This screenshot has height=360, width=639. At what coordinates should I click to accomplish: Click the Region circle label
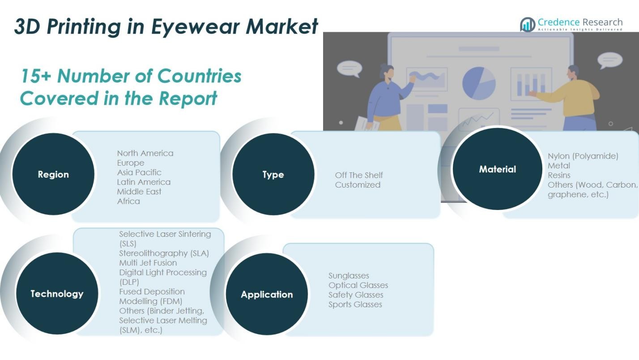click(x=53, y=175)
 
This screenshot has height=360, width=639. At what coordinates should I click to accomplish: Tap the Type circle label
click(x=273, y=175)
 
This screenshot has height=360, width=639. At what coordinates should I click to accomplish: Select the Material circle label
click(x=497, y=169)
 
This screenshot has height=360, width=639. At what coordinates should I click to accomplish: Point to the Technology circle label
click(x=57, y=294)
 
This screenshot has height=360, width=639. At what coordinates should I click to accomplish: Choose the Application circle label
click(x=267, y=295)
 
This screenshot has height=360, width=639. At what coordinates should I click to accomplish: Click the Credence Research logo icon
click(x=528, y=25)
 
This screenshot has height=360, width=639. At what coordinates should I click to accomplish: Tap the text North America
click(x=145, y=153)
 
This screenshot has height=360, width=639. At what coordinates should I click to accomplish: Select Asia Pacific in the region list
click(x=139, y=172)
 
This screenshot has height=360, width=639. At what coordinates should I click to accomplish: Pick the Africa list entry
click(x=128, y=201)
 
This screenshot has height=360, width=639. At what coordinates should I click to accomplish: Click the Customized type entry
click(x=358, y=185)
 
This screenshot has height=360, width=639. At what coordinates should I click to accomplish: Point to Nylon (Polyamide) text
click(x=583, y=156)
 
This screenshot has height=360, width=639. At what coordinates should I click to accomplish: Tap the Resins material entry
click(x=559, y=175)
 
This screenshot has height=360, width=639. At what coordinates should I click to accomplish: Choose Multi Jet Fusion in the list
click(x=148, y=263)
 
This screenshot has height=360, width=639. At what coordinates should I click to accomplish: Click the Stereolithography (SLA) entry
click(x=164, y=253)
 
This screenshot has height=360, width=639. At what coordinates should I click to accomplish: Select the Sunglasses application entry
click(x=349, y=276)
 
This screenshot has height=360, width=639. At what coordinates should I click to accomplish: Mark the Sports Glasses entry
click(x=355, y=304)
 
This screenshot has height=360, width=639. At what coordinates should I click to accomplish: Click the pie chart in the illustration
click(x=479, y=83)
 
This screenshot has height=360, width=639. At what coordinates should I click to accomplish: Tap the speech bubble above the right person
click(x=609, y=60)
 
